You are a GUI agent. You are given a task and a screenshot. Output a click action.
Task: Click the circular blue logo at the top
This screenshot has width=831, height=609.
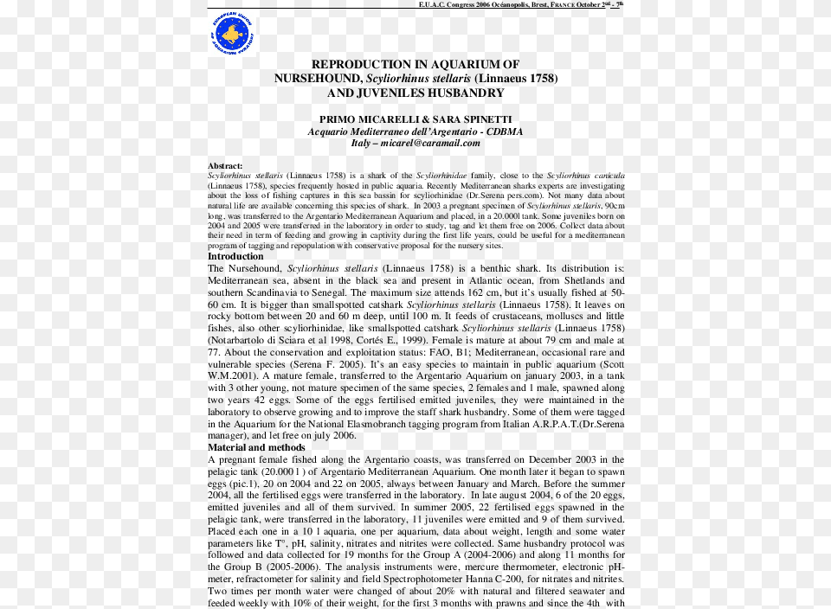point(232,34)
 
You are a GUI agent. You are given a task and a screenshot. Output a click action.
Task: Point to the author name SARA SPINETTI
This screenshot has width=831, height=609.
point(473,119)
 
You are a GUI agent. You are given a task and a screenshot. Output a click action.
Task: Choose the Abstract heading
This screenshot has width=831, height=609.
point(225,165)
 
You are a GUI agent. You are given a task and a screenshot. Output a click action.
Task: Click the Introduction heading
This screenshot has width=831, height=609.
point(235,256)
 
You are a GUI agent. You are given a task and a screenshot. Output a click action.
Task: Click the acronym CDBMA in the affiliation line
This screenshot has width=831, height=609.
point(505,131)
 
